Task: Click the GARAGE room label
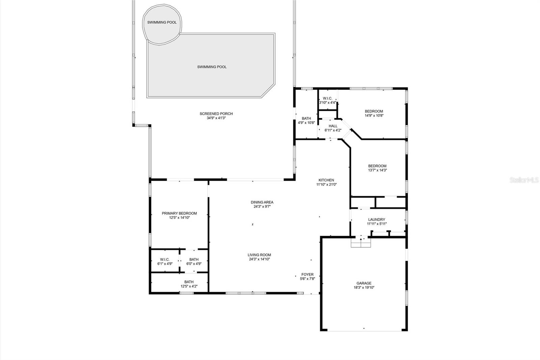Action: [364, 283]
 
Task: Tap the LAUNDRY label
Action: [377, 219]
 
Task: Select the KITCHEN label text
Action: [326, 180]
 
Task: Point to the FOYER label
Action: [307, 274]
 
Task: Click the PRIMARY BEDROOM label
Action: [179, 213]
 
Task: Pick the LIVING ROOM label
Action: [259, 255]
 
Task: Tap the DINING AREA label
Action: [262, 202]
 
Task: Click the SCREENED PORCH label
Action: [216, 114]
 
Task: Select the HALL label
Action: [333, 126]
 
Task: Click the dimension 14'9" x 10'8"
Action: [374, 115]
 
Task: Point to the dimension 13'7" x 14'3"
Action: [377, 170]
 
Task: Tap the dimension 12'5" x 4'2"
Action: [189, 286]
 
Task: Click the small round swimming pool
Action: [162, 24]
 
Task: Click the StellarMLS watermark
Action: [524, 180]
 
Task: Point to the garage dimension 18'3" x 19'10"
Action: [364, 287]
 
